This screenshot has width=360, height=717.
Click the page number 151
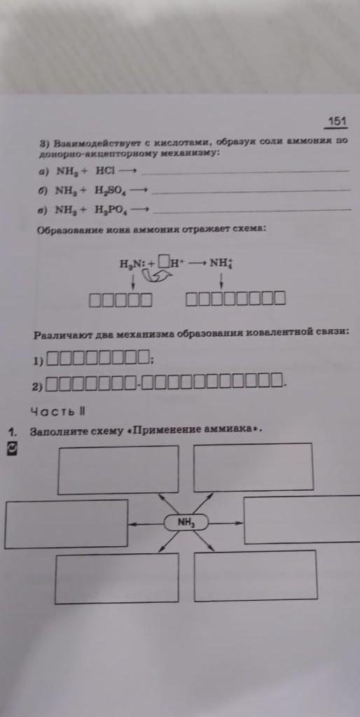338,121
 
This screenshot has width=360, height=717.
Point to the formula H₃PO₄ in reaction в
111,210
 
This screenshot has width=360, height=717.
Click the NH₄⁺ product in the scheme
222,263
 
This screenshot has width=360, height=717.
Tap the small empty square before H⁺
164,263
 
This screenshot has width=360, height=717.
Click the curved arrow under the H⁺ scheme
155,275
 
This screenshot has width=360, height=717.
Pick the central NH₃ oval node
186,522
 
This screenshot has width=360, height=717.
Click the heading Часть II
57,410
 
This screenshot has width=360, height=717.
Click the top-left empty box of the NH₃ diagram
118,470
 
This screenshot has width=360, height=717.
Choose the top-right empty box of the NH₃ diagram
254,467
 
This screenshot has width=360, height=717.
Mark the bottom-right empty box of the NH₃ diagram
255,576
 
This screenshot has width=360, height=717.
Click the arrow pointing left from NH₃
146,524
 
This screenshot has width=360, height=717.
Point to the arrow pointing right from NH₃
226,522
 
